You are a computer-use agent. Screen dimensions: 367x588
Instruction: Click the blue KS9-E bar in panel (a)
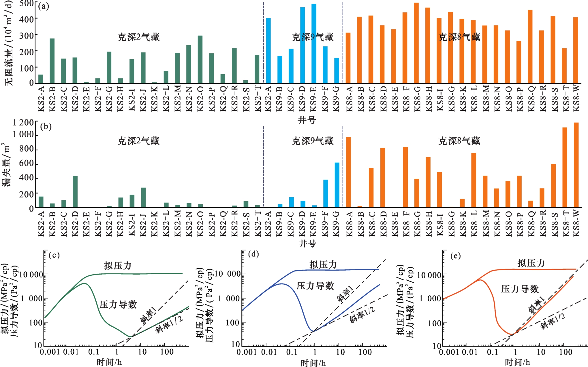pyautogui.click(x=314, y=43)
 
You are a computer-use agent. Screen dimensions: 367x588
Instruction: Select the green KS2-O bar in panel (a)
pyautogui.click(x=200, y=59)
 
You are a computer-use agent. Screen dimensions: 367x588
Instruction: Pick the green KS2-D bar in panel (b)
pyautogui.click(x=75, y=191)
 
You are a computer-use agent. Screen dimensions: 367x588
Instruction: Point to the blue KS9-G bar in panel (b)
pyautogui.click(x=337, y=185)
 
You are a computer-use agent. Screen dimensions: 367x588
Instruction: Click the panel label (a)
pyautogui.click(x=44, y=6)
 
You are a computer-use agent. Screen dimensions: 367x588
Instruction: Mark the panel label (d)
pyautogui.click(x=253, y=254)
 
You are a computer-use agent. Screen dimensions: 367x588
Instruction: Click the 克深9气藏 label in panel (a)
pyautogui.click(x=312, y=37)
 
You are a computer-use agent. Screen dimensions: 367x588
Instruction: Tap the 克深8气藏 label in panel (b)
pyautogui.click(x=459, y=141)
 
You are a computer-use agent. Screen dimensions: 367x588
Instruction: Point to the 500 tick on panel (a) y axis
pyautogui.click(x=27, y=4)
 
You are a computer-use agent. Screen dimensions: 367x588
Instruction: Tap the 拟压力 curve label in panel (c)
pyautogui.click(x=118, y=265)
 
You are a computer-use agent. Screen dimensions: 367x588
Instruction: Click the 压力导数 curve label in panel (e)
pyautogui.click(x=520, y=289)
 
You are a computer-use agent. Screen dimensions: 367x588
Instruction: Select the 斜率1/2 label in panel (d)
pyautogui.click(x=362, y=315)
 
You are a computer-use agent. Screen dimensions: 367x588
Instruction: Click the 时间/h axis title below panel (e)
pyautogui.click(x=517, y=362)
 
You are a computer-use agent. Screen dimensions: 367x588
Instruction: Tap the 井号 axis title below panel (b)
pyautogui.click(x=307, y=244)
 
